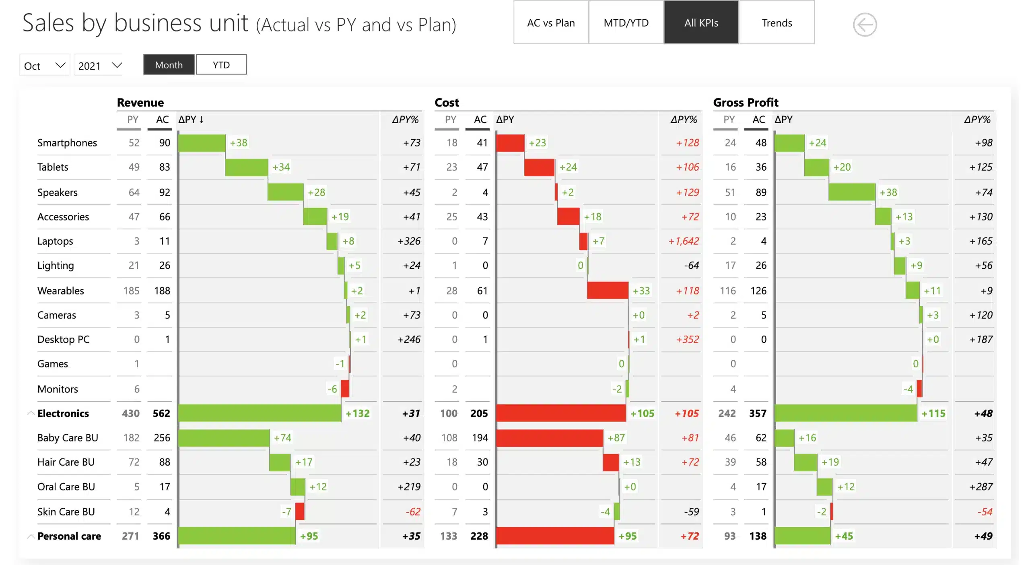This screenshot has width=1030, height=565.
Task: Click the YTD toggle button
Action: click(x=221, y=65)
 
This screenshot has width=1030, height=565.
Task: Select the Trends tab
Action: click(x=777, y=23)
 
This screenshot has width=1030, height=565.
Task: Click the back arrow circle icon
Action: click(x=865, y=25)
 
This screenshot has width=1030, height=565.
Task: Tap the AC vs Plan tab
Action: click(x=551, y=23)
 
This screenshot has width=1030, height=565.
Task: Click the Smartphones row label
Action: click(x=67, y=143)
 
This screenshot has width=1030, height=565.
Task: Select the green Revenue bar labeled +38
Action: click(x=202, y=143)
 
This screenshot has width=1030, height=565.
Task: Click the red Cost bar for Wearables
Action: click(x=608, y=291)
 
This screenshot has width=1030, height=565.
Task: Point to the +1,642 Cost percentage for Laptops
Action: click(x=684, y=241)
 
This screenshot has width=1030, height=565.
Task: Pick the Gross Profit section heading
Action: click(x=746, y=103)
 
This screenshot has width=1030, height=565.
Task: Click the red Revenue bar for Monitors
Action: click(x=345, y=389)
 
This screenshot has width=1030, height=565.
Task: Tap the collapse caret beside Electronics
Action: click(x=31, y=413)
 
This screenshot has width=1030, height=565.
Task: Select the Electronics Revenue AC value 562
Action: click(x=161, y=413)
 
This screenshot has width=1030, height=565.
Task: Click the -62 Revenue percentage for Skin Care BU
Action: click(x=413, y=512)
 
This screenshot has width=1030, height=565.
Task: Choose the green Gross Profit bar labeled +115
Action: click(x=845, y=413)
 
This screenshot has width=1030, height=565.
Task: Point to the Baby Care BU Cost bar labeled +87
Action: click(x=549, y=438)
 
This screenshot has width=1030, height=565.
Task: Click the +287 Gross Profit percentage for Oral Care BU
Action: click(x=981, y=487)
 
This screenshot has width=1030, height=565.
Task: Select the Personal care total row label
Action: click(x=69, y=536)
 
